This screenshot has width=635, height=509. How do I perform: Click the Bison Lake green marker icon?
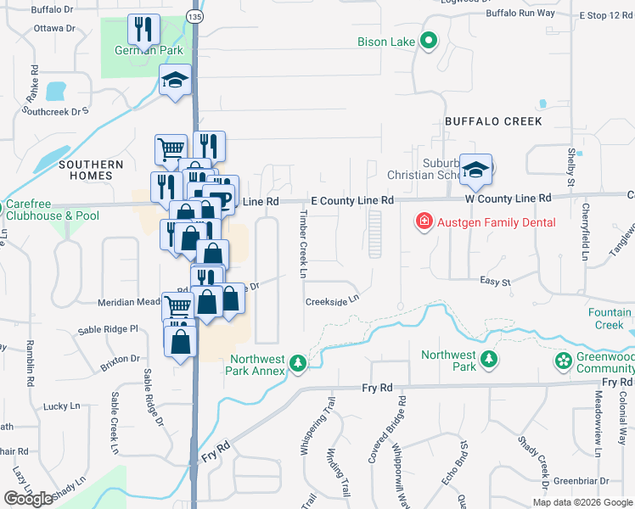(429, 40)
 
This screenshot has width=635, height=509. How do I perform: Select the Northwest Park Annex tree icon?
(297, 364)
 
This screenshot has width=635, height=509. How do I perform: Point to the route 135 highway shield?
(196, 17)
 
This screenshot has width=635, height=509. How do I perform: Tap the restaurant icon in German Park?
(144, 30)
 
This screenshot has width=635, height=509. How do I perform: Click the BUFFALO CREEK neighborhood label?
(493, 121)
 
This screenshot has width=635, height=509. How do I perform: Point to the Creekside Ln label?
(333, 300)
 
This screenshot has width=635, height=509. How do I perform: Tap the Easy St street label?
(494, 282)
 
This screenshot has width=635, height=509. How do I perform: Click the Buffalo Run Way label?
(521, 14)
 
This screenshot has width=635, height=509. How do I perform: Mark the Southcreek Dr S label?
(56, 110)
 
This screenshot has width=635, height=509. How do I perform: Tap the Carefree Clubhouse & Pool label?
(52, 210)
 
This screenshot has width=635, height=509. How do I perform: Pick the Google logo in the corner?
(28, 499)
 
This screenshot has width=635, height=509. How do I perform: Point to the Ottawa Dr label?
(54, 28)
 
